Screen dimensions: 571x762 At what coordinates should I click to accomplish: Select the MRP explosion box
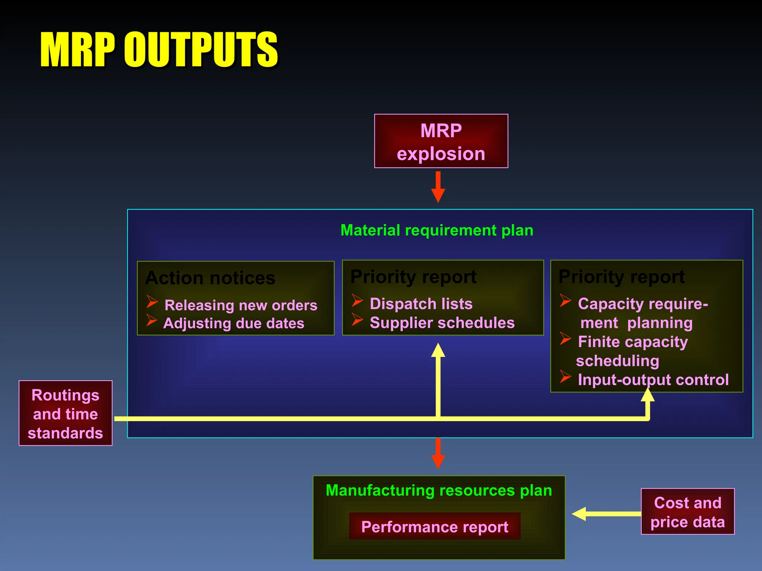point(441,141)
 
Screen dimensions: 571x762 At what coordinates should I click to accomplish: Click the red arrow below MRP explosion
point(438,187)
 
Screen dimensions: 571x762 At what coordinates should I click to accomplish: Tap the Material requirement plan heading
point(437,230)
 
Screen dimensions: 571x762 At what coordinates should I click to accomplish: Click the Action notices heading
point(210,278)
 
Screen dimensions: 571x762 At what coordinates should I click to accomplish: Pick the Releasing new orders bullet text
point(241,305)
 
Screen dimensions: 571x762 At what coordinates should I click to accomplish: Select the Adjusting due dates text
point(234,323)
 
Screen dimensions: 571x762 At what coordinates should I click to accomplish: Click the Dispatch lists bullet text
point(421,304)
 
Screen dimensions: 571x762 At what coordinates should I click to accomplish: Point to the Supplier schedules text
point(442,323)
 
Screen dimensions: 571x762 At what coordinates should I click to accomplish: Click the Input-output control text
point(653,380)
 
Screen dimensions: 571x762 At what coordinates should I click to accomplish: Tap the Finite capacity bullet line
point(633,342)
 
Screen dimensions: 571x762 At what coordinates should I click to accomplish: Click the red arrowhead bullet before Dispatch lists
point(357,300)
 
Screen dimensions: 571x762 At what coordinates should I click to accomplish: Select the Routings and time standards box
point(65,413)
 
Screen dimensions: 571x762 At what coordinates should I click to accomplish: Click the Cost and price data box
point(688,512)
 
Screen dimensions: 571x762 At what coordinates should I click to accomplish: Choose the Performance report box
point(435,527)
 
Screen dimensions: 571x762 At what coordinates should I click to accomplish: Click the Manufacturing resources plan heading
point(439,491)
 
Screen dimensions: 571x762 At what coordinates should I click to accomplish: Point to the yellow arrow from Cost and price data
point(606,514)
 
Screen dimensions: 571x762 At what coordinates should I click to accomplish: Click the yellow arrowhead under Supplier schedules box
point(438,351)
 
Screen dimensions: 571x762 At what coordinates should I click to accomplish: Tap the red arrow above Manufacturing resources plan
point(438,454)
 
